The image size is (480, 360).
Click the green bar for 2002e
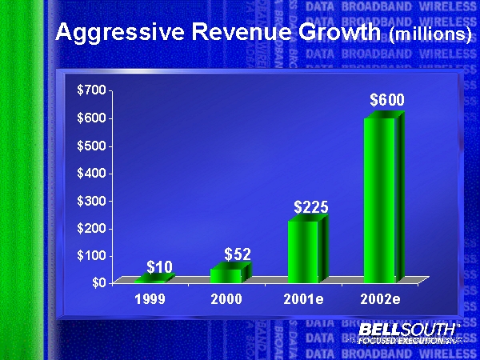tap(380, 200)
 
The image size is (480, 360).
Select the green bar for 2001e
tap(304, 251)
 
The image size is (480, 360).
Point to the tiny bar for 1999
tap(150, 279)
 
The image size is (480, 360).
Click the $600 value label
tap(386, 101)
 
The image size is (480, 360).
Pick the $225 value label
tap(311, 207)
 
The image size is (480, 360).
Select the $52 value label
tap(238, 254)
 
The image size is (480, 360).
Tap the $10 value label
tap(159, 266)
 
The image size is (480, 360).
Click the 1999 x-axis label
tap(150, 300)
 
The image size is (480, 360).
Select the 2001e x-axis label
tap(306, 300)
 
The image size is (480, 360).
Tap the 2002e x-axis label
tap(382, 300)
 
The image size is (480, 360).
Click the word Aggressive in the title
tap(115, 34)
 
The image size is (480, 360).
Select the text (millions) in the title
tap(430, 36)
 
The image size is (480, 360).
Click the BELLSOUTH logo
tap(408, 330)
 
